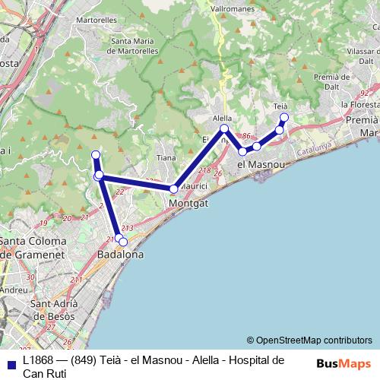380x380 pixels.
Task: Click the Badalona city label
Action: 121,255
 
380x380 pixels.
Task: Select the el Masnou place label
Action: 261,164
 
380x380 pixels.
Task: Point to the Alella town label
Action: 222,119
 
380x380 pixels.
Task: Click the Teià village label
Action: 280,106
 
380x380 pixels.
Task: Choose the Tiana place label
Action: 166,158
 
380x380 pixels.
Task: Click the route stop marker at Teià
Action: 285,117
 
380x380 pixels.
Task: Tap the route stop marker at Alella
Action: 224,129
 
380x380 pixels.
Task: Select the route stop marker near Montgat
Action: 174,188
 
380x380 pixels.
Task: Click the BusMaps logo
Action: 344,363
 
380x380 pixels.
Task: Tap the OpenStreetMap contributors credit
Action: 309,340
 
